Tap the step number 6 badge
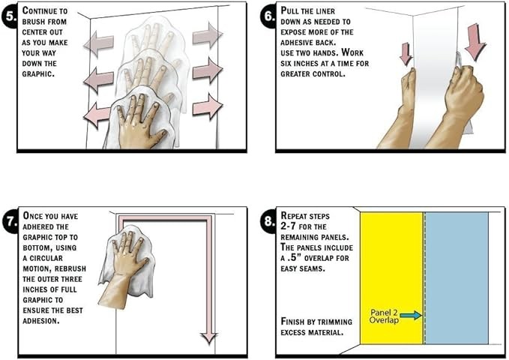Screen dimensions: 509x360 (x=270, y=16)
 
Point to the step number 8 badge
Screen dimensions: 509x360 (x=270, y=221)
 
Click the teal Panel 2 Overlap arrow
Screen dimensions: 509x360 (x=411, y=315)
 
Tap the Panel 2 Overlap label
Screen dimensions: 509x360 (x=384, y=316)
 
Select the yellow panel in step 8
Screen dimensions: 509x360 (x=391, y=277)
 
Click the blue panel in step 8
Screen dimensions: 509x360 (x=457, y=277)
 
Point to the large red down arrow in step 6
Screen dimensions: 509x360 (x=475, y=42)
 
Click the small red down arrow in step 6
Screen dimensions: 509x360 (x=406, y=54)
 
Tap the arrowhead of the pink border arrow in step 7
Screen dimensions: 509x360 (x=208, y=338)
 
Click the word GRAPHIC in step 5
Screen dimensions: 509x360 (x=37, y=73)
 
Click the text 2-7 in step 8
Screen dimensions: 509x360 (x=288, y=226)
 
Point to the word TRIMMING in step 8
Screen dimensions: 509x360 (x=334, y=322)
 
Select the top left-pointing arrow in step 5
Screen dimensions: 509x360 (x=99, y=43)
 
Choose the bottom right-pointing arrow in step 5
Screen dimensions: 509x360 (x=208, y=106)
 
